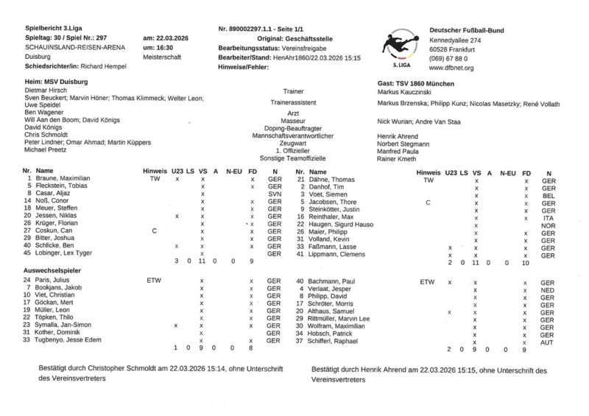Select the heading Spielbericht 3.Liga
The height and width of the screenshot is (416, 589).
pyautogui.click(x=55, y=27)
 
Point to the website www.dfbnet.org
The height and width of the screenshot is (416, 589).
pyautogui.click(x=452, y=68)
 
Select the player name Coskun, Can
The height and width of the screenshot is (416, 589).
pyautogui.click(x=57, y=230)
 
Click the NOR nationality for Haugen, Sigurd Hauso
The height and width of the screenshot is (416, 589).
pyautogui.click(x=549, y=225)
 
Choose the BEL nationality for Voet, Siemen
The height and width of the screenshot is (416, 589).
pyautogui.click(x=549, y=197)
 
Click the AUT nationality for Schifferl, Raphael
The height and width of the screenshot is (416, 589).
pyautogui.click(x=548, y=342)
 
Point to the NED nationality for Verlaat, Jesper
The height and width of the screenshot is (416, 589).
pyautogui.click(x=548, y=291)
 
